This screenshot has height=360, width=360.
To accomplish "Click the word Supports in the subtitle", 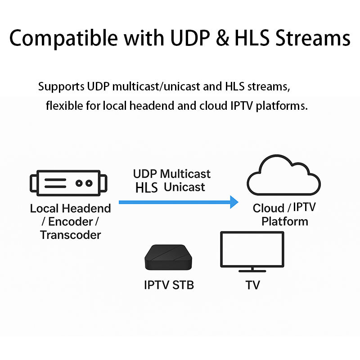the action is click(x=62, y=86).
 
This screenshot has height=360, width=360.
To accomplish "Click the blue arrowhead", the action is click(x=233, y=202).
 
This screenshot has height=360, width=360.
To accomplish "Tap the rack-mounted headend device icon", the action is click(x=68, y=183).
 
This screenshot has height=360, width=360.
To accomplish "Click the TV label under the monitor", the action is click(x=252, y=285).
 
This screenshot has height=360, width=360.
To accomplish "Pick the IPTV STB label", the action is click(x=169, y=285).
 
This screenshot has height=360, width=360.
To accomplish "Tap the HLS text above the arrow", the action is click(x=146, y=188).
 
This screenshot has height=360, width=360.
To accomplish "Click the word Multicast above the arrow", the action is click(x=185, y=174).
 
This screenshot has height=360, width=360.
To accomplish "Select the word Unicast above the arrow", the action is click(x=184, y=187).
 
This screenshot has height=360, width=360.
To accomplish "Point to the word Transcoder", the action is click(x=70, y=234).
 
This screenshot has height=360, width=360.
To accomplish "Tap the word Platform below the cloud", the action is click(x=284, y=221).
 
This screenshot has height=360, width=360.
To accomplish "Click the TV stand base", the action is click(x=252, y=271).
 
